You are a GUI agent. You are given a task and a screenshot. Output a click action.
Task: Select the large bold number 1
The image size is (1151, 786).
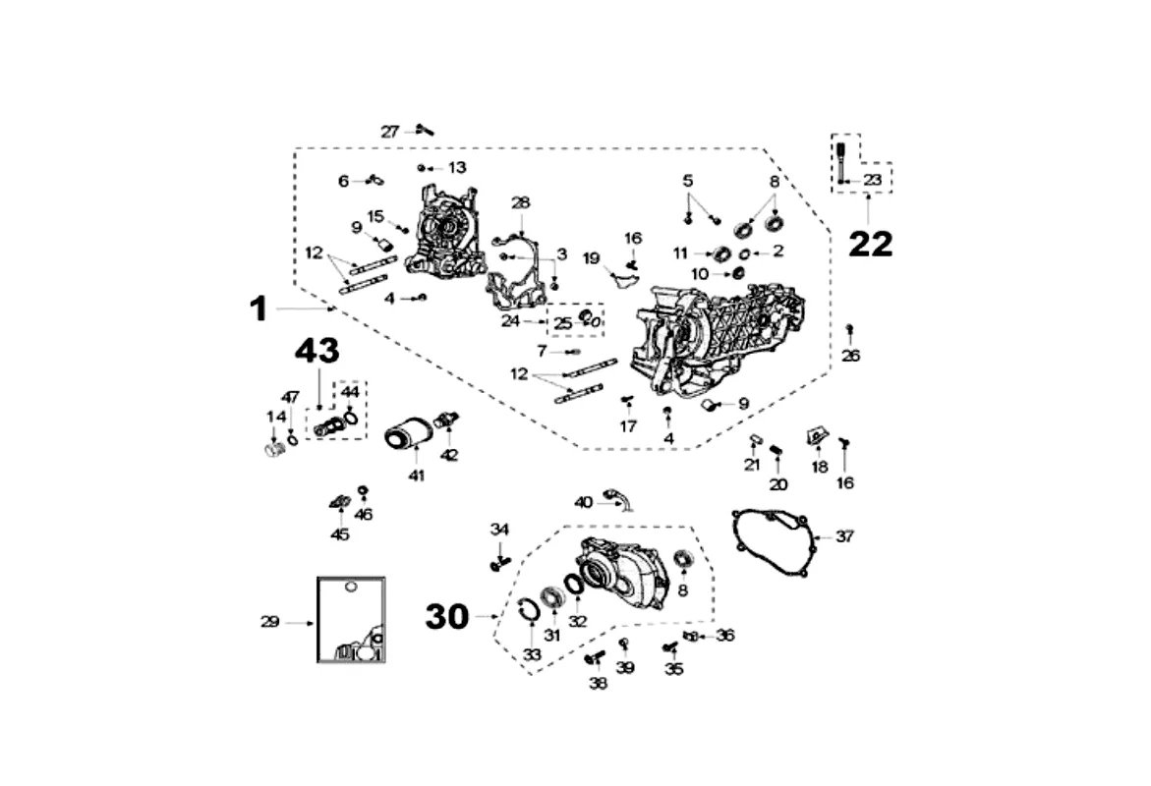point(258,309)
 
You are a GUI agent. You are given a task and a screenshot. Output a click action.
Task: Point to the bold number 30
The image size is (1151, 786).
point(447,616)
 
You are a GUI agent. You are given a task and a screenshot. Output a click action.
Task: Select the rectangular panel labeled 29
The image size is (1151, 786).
point(351,619)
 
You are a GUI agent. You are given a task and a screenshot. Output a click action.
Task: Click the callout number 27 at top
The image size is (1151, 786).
point(390,131)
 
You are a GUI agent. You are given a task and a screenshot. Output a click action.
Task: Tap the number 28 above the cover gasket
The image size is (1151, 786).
point(520,202)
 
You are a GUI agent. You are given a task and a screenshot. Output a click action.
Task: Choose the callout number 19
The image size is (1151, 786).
point(591,258)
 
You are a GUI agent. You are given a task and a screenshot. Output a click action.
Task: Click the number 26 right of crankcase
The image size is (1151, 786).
point(851,356)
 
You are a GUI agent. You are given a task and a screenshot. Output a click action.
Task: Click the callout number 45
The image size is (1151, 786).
point(340,535)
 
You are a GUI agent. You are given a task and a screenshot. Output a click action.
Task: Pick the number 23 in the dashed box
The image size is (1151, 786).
point(873,180)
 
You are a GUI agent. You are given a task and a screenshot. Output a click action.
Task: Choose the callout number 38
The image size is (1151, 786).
point(598,684)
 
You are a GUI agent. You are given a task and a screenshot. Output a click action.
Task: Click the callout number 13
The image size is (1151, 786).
point(457,167)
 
